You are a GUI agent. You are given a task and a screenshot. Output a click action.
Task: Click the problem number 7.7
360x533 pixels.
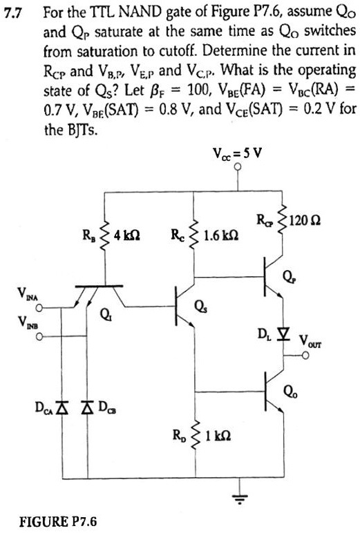point(15,13)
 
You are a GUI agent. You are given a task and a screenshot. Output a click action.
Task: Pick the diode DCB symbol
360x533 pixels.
point(87,403)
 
